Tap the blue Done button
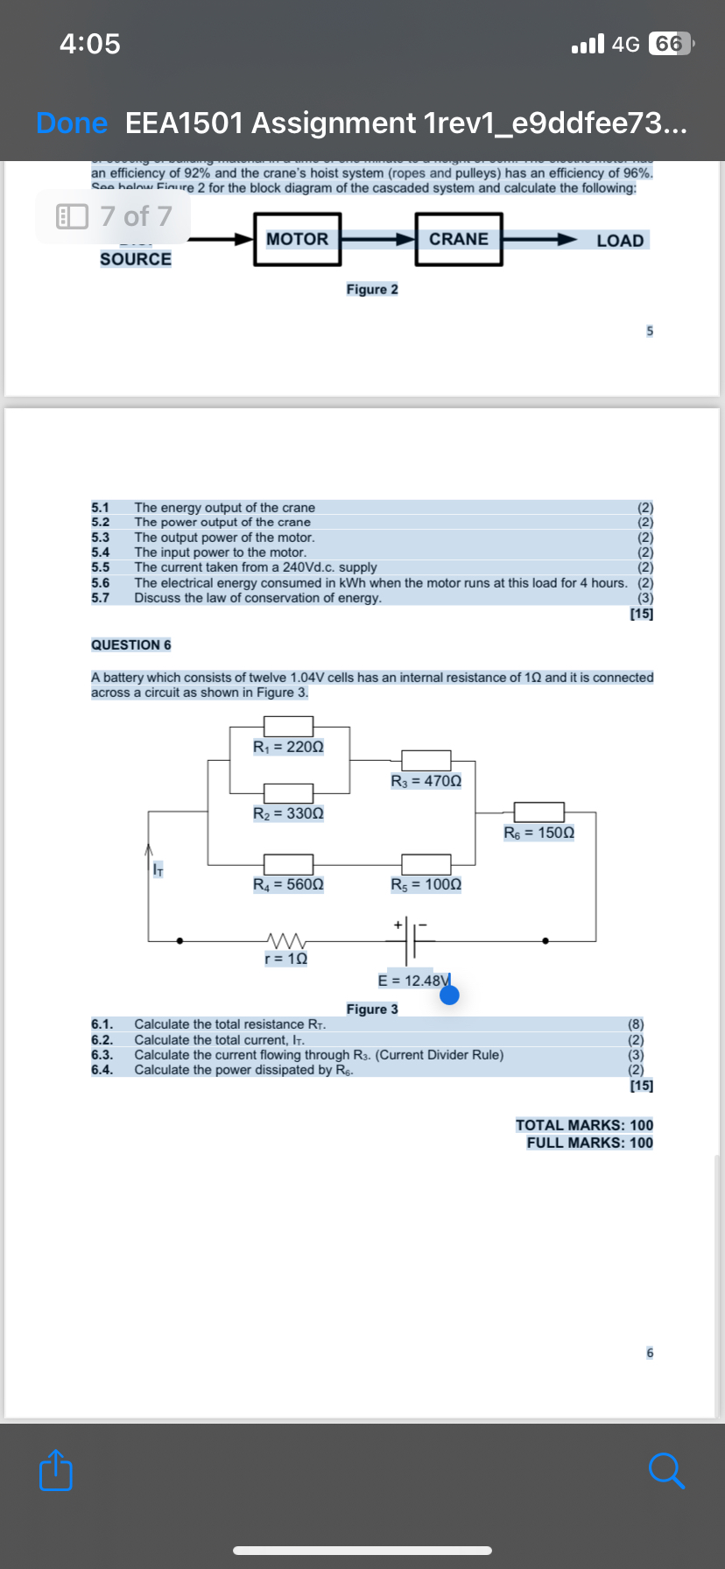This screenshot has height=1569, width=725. click(x=72, y=123)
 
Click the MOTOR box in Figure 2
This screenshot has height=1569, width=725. click(x=298, y=239)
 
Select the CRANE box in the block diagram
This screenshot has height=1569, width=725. click(x=459, y=239)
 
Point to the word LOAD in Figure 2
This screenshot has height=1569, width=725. click(x=620, y=241)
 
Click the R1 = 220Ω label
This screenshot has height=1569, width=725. click(x=288, y=747)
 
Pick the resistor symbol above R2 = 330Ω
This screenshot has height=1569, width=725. click(x=288, y=793)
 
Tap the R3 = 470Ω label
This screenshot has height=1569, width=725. click(x=426, y=781)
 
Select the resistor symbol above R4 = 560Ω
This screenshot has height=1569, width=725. click(x=288, y=864)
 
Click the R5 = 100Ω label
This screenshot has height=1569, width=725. click(x=426, y=884)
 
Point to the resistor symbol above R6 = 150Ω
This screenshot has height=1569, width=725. click(x=538, y=812)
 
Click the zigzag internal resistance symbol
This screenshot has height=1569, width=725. click(x=285, y=941)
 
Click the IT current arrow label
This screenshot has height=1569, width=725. click(x=158, y=869)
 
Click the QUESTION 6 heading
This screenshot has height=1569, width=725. click(x=131, y=645)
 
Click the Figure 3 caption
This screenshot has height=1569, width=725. click(x=372, y=1010)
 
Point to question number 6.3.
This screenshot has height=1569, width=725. click(x=102, y=1055)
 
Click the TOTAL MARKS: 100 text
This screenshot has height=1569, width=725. click(x=584, y=1125)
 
